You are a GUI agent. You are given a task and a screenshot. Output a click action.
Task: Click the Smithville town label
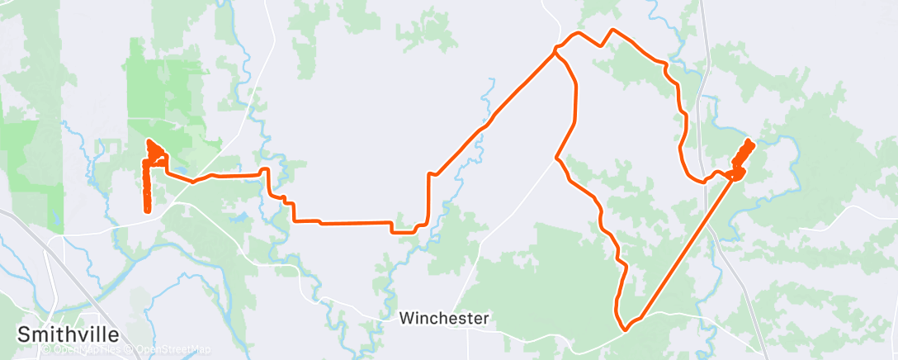pos(69,334)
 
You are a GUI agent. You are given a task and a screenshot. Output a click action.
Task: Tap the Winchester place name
pos(444,318)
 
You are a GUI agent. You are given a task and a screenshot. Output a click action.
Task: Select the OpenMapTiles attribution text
pos(81,349)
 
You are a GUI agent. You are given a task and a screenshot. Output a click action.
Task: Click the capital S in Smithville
pos(25,334)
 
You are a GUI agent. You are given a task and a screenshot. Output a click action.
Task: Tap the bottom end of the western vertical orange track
pos(148,211)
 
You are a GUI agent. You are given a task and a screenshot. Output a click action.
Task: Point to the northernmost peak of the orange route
pos(612,30)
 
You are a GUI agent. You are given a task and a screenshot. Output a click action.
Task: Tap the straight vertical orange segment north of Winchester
pos(428,198)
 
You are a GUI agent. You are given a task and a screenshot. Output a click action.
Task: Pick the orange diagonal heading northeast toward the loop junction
pos(495,111)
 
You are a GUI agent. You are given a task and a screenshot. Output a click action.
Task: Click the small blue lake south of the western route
pos(240,219)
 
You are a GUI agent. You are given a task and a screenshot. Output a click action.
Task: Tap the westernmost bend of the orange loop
pos(556,157)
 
